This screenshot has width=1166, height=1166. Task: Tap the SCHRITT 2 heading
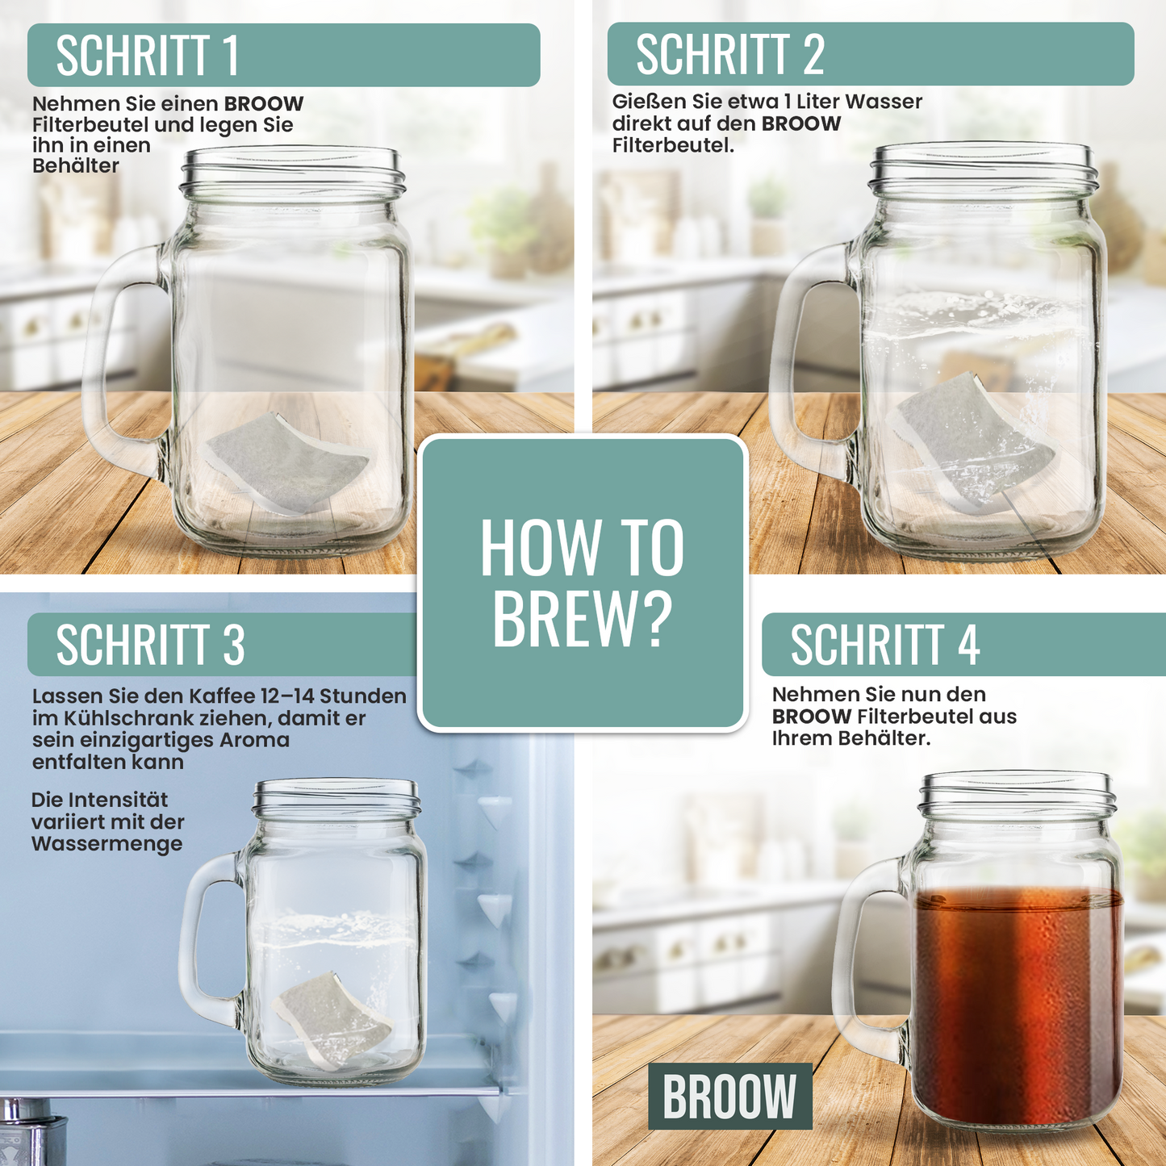click(729, 54)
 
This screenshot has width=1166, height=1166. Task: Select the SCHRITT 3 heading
click(150, 645)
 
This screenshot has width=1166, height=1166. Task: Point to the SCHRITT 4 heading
click(884, 645)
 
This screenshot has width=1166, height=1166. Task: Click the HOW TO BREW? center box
click(582, 583)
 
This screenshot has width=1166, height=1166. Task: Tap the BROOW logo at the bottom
click(729, 1096)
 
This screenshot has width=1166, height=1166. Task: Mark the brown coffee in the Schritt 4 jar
click(1017, 1009)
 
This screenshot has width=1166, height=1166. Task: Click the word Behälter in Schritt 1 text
click(76, 166)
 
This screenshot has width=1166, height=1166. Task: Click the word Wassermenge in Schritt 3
click(107, 844)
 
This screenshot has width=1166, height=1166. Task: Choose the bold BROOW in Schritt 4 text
click(811, 717)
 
